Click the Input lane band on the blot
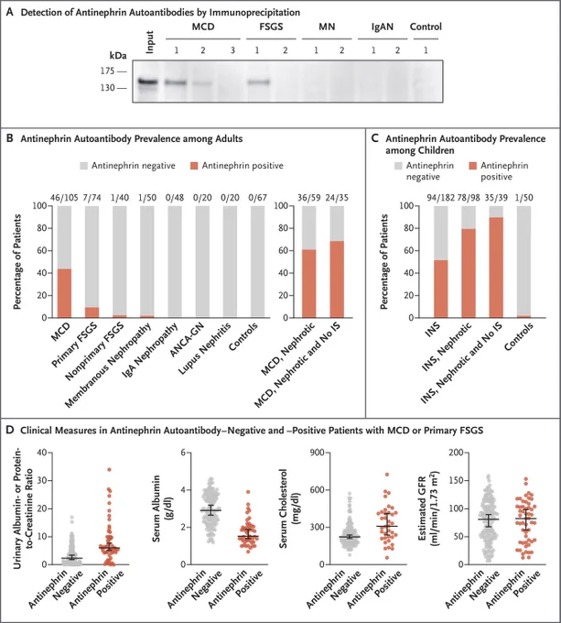(148, 82)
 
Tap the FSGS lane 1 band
(259, 82)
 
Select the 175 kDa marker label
(107, 71)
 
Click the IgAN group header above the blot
(382, 27)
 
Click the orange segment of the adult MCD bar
(64, 293)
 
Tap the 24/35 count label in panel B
(337, 198)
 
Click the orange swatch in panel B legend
(194, 166)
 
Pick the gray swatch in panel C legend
(398, 166)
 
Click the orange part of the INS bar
(441, 289)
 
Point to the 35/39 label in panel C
(496, 198)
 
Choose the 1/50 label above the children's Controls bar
(523, 198)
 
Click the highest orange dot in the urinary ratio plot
(109, 470)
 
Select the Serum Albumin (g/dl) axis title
(162, 508)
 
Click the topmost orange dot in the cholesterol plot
(387, 475)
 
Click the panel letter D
(10, 430)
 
